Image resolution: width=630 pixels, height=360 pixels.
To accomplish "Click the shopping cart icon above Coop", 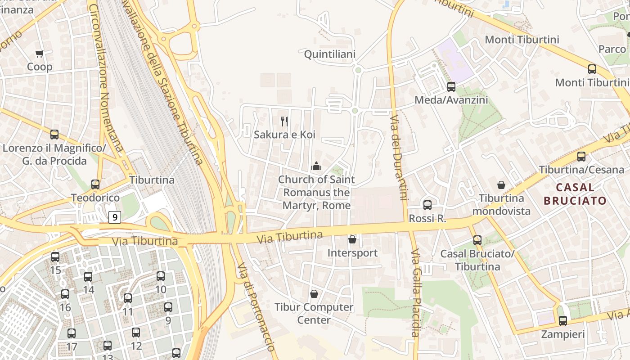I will (x=40, y=54).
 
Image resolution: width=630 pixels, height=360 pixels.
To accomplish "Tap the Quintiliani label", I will (x=330, y=54).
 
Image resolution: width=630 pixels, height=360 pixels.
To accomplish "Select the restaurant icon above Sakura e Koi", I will (x=284, y=121).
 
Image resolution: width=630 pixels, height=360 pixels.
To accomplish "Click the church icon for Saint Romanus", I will (x=316, y=166).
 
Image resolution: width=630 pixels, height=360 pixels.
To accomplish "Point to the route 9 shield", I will (x=115, y=217).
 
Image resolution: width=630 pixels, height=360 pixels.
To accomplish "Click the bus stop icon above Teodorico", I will (x=95, y=184).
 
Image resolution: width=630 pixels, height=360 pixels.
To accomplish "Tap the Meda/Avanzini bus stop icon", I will (x=451, y=86).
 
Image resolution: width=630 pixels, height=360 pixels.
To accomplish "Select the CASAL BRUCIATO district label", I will (x=575, y=194).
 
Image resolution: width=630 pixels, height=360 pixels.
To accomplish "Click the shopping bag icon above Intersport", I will (x=352, y=239).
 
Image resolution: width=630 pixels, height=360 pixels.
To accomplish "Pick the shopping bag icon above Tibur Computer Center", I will (x=314, y=294).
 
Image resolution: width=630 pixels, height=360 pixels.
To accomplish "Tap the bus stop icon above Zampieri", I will (x=562, y=321).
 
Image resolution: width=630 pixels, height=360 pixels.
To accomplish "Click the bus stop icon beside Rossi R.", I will (x=427, y=205).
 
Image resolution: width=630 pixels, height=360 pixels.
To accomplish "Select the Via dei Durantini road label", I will (x=399, y=157).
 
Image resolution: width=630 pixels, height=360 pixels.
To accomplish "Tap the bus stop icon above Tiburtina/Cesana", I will (x=581, y=157).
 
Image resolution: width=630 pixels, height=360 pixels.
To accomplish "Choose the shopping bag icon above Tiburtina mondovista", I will (x=501, y=185).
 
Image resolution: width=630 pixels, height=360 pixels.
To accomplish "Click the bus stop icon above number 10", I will (x=161, y=276).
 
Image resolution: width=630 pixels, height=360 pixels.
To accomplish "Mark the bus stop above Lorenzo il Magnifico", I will (x=54, y=134).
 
